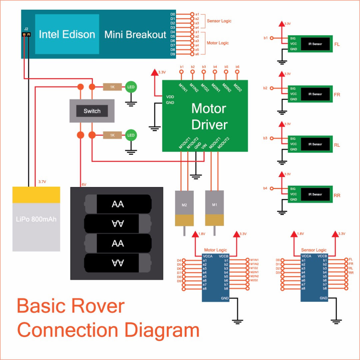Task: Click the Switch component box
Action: pos(92,111)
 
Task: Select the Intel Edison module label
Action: pos(67,34)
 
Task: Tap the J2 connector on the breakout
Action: pos(26,34)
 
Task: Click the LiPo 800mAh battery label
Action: pos(36,219)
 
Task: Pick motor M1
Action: pos(214,204)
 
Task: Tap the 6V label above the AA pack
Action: pos(84,184)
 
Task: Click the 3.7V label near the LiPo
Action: pos(42,182)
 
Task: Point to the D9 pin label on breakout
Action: pos(173,54)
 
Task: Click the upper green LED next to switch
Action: pos(131,87)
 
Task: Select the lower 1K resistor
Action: pos(112,135)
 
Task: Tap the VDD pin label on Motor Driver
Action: pos(170,97)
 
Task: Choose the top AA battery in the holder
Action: pos(118,204)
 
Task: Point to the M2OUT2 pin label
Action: pos(222,143)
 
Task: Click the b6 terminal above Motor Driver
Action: pos(237,71)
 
